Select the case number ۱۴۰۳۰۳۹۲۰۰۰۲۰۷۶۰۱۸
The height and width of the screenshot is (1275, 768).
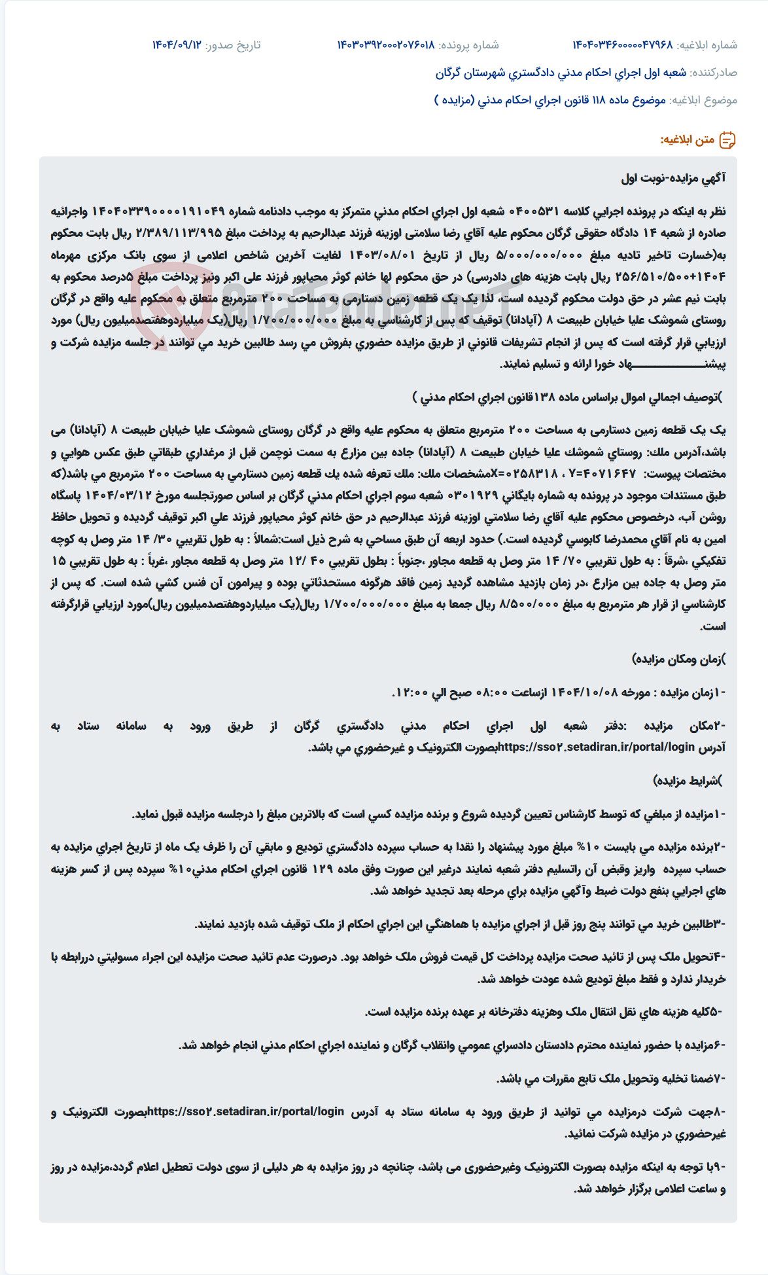(386, 45)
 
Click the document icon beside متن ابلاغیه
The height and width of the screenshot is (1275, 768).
(727, 140)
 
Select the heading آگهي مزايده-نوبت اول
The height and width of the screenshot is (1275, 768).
(673, 178)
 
